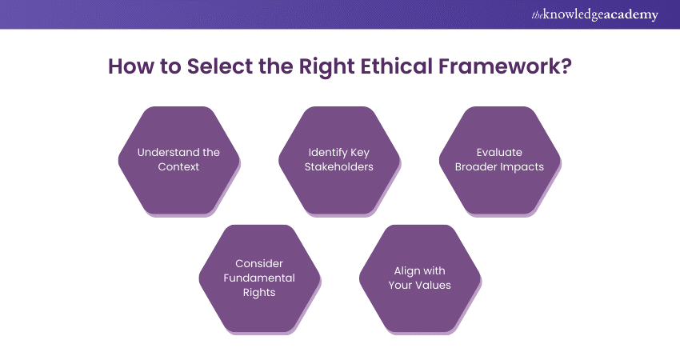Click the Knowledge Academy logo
click(594, 14)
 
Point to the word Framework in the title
click(500, 66)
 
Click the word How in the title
click(131, 66)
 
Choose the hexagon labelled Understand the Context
click(179, 161)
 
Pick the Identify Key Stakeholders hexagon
click(339, 161)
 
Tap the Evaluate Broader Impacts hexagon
click(499, 161)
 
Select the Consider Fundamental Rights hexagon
click(259, 279)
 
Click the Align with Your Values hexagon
click(420, 279)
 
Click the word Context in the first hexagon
click(178, 166)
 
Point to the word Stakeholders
click(338, 166)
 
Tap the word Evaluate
click(499, 152)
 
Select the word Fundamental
click(259, 278)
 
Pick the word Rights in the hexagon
click(259, 293)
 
